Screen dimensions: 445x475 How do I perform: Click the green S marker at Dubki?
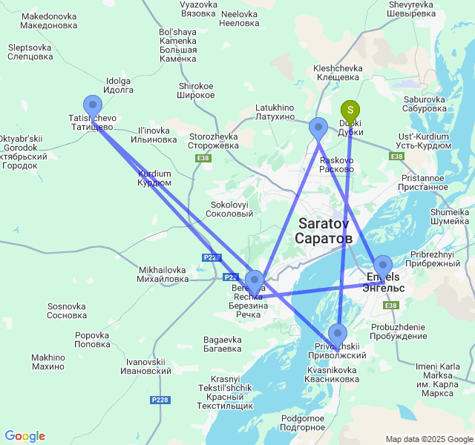pos(350,111)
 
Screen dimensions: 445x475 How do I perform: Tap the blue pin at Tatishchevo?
pos(93,106)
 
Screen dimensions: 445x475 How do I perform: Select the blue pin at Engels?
pos(382,266)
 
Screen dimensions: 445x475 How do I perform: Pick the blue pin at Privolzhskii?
pos(338,334)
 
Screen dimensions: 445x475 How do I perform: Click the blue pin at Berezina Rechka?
pos(254,281)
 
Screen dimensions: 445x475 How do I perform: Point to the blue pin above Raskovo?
pos(318,128)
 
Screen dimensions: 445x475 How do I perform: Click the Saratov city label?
pos(324,231)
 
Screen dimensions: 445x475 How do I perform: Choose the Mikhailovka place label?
pos(163,274)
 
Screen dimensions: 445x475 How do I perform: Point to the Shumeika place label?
pos(450,216)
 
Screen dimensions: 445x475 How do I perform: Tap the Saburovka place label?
pos(424,104)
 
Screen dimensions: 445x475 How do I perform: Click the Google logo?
pos(24,436)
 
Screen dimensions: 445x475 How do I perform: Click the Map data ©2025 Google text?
pos(428,439)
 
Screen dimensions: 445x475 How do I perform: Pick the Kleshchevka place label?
pos(338,72)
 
